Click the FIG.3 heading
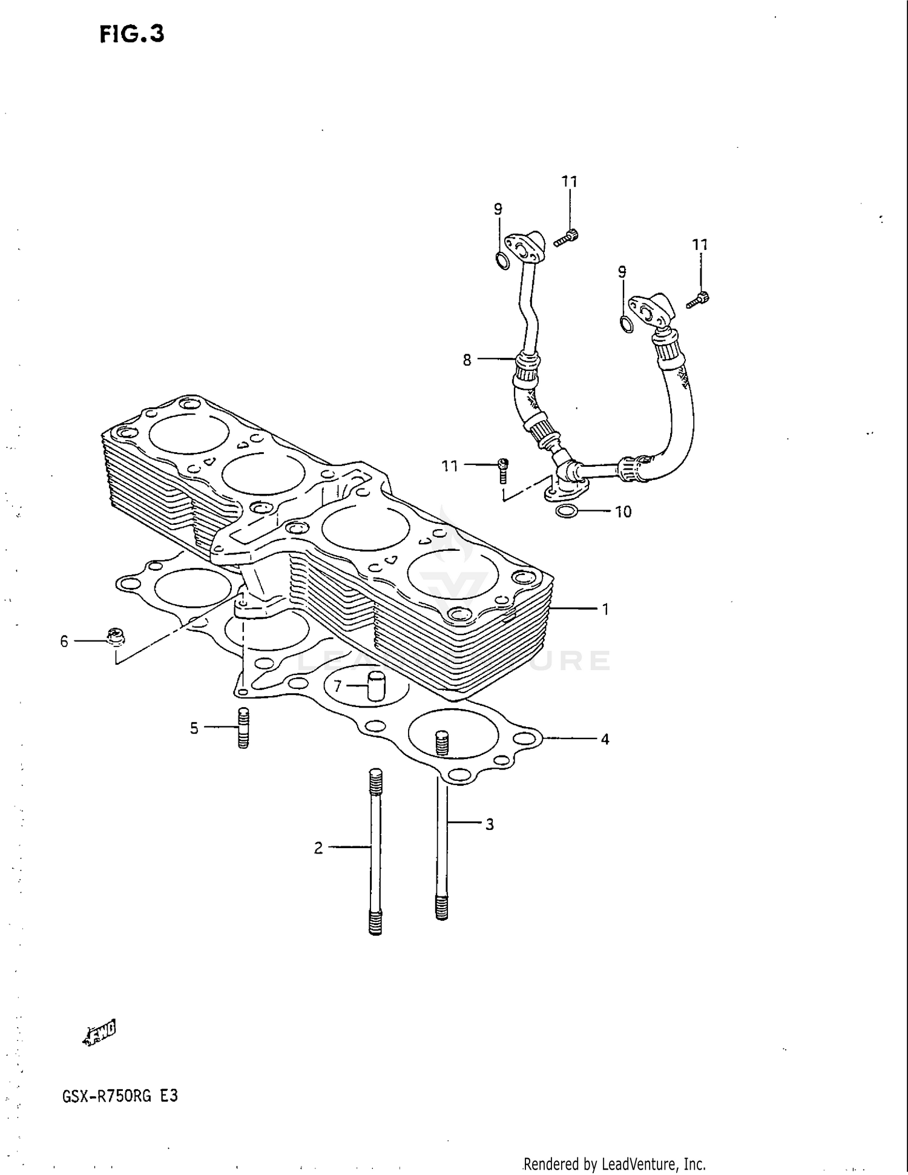point(132,35)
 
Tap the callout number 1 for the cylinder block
point(605,610)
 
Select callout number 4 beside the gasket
point(604,739)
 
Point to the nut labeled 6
point(115,637)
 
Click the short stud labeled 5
point(243,728)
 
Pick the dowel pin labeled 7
point(377,686)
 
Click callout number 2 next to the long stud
point(318,849)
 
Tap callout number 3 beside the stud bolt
point(489,824)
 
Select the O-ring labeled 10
point(566,512)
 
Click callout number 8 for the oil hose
point(467,360)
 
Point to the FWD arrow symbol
point(100,1032)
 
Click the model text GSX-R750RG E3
point(119,1096)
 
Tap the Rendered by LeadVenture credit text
point(614,1164)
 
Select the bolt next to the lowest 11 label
point(502,469)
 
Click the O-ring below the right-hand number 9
point(627,324)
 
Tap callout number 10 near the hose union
point(623,512)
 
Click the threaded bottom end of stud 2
point(375,924)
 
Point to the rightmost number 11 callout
point(700,245)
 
